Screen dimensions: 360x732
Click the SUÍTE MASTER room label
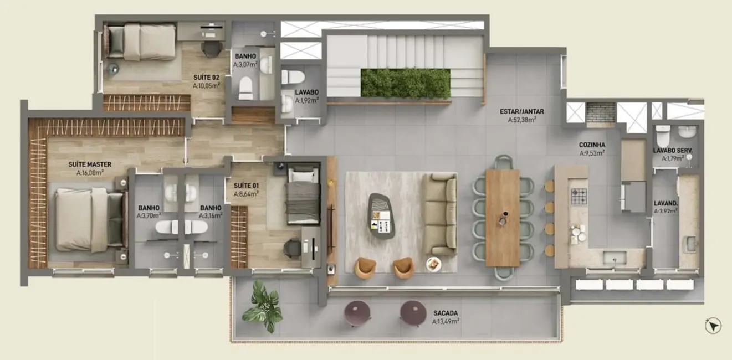coord(90,164)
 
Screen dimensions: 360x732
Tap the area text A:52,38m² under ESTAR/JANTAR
coord(525,120)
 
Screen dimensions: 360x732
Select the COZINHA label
coord(592,145)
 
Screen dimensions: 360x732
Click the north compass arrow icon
coord(713,326)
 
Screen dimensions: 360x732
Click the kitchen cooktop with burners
coord(579,196)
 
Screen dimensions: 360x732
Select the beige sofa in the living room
coord(440,213)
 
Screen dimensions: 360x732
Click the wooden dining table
coord(503,218)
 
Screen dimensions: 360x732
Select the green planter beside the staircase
coord(405,83)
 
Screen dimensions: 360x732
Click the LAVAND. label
coord(665,203)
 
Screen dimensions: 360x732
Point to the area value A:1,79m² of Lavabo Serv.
coord(673,158)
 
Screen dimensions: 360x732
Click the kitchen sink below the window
coord(614,257)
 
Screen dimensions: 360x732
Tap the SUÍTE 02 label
coord(206,78)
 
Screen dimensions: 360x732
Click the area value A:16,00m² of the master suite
coord(90,173)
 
